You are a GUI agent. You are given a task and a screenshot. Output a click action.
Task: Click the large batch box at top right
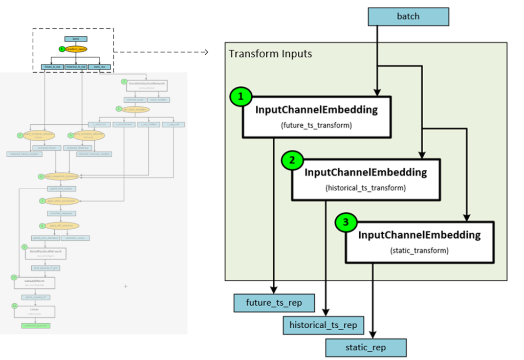point(408,17)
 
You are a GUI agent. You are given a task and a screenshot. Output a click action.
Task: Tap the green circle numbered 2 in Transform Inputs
point(292,160)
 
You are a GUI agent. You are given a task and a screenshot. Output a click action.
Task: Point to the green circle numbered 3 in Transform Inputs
point(346,222)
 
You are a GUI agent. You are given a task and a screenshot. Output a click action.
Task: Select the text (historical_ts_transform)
point(365,188)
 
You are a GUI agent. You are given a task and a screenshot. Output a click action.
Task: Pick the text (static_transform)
point(420,251)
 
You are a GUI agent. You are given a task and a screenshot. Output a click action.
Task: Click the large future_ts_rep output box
point(274,303)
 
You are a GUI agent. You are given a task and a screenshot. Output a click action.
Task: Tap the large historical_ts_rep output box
point(323,325)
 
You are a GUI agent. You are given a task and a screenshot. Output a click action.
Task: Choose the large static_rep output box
point(366,348)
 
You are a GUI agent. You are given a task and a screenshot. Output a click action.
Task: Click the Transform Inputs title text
point(270,54)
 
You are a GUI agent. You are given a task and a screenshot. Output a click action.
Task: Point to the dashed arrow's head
point(207,52)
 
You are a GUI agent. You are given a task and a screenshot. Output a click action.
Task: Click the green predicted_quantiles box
point(36,325)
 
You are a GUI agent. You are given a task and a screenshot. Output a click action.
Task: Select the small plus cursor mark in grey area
point(126,286)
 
